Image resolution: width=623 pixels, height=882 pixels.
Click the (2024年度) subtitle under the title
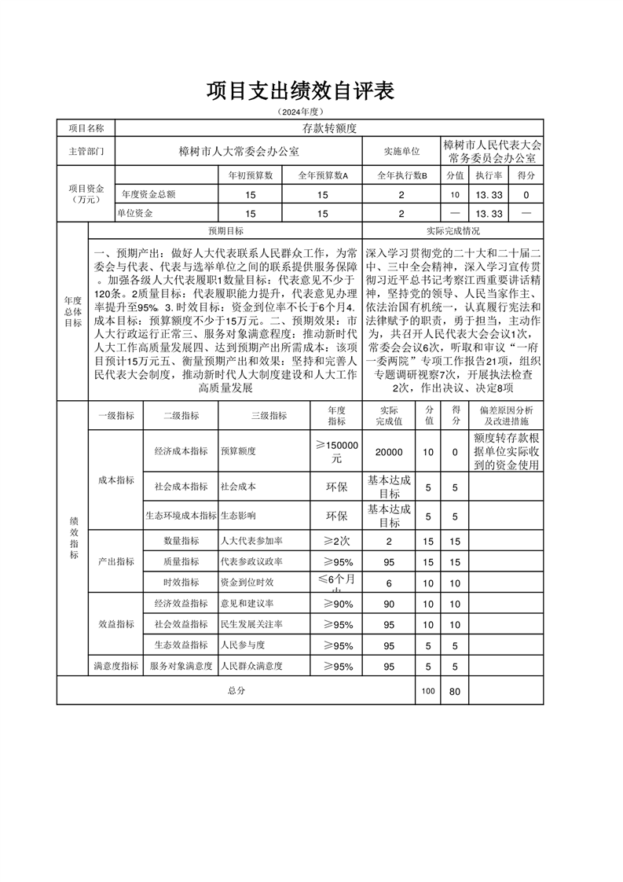[299, 112]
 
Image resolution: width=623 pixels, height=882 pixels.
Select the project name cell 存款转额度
[329, 127]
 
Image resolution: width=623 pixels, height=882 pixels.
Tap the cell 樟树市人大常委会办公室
[239, 149]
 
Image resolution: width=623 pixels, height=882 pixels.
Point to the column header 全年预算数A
[323, 175]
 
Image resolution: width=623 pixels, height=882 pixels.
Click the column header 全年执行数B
[401, 175]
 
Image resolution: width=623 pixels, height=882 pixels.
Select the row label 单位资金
[135, 213]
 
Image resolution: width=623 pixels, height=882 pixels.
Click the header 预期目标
[225, 231]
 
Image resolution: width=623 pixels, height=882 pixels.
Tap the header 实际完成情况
[453, 231]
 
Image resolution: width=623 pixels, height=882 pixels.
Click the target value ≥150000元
[336, 451]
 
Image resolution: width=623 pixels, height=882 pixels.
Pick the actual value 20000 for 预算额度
[389, 452]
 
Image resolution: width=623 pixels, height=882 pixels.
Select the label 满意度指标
[115, 666]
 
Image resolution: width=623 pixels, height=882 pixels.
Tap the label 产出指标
[115, 561]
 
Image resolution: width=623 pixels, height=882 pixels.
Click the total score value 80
[454, 692]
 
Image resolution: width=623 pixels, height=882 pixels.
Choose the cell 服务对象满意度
[181, 666]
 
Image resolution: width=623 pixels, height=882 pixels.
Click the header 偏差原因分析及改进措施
[506, 415]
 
